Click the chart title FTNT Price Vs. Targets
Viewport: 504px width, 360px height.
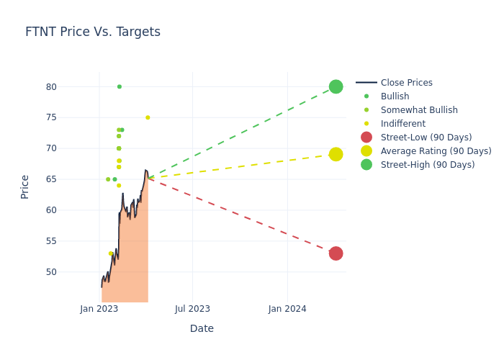click(93, 32)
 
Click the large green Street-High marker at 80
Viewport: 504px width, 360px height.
click(336, 86)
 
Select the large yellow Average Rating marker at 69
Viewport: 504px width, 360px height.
click(336, 154)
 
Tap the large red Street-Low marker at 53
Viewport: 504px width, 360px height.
click(336, 253)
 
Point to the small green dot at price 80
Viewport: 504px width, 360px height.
click(120, 86)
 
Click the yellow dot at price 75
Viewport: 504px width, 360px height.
click(148, 117)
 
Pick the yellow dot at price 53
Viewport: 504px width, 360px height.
click(110, 253)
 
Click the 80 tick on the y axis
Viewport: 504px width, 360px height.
click(71, 87)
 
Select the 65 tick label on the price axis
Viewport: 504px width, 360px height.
click(71, 179)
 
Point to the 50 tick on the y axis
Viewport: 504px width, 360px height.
click(71, 272)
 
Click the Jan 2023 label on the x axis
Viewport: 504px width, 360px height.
click(99, 309)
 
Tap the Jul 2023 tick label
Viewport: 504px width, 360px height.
click(192, 309)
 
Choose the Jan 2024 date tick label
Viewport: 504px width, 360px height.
click(287, 309)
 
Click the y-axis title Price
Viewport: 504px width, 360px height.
click(25, 186)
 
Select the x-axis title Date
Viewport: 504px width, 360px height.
click(202, 329)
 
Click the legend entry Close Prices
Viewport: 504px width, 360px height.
click(406, 83)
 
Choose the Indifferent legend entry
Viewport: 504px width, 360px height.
click(402, 124)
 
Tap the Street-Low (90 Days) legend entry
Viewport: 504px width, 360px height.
click(426, 138)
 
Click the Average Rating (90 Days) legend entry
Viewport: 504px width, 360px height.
click(436, 151)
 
